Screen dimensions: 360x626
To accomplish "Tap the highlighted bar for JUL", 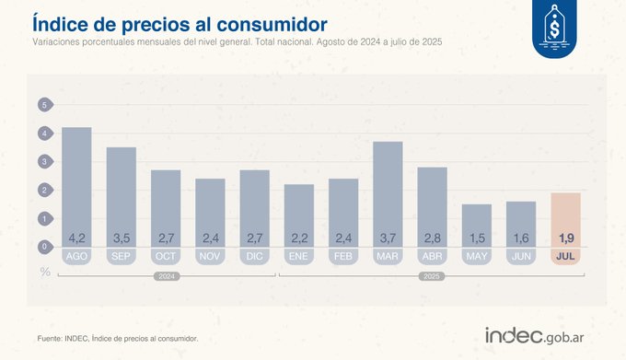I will pyautogui.click(x=565, y=219).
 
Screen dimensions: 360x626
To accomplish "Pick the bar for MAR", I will pyautogui.click(x=388, y=193).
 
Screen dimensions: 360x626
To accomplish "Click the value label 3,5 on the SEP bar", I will pyautogui.click(x=121, y=238).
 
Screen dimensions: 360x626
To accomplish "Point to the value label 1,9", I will pyautogui.click(x=565, y=238).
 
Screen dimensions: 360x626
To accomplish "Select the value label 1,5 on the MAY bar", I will pyautogui.click(x=477, y=238).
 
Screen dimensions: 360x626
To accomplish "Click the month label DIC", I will pyautogui.click(x=254, y=256).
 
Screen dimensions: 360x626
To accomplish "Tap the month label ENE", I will pyautogui.click(x=298, y=256).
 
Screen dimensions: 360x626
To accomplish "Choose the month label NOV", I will pyautogui.click(x=210, y=256).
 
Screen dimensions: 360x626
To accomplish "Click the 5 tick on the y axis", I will pyautogui.click(x=43, y=105).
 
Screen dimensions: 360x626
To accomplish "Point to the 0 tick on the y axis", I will pyautogui.click(x=43, y=247).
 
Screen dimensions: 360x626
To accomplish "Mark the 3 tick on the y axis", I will pyautogui.click(x=43, y=162).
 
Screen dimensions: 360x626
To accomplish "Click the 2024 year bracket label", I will pyautogui.click(x=165, y=275).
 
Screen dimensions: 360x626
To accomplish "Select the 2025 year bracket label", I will pyautogui.click(x=431, y=275).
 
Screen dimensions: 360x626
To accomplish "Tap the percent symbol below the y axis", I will pyautogui.click(x=43, y=271).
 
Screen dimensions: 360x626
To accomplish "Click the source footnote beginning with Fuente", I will pyautogui.click(x=118, y=338).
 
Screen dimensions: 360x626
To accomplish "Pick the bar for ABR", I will pyautogui.click(x=432, y=206).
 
